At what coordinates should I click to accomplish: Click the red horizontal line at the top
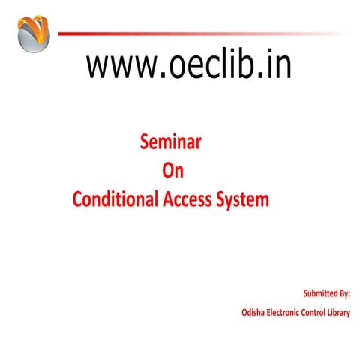pos(202,34)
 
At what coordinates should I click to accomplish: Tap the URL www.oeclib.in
pos(188,65)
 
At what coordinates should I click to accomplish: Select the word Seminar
pos(172,141)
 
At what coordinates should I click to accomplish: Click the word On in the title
pos(172,171)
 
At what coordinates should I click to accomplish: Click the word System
pos(243,201)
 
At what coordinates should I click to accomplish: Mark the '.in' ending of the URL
pos(274,65)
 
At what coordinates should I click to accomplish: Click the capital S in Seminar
pos(145,141)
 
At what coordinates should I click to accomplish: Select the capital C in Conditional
pos(77,201)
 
